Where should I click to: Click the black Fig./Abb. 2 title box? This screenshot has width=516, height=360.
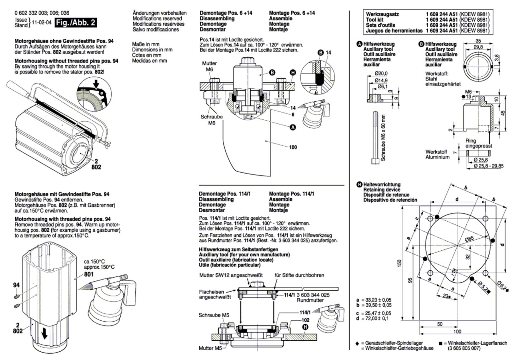(x=75, y=23)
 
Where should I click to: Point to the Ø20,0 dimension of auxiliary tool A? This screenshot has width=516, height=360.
(x=381, y=74)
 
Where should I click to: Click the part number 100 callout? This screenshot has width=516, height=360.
(x=293, y=147)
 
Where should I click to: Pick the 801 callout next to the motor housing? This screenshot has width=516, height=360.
(x=89, y=274)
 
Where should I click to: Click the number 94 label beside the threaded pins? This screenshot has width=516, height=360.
(x=16, y=285)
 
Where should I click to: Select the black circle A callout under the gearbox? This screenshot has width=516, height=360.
(x=293, y=127)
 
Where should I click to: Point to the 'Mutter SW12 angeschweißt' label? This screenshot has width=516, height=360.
(x=231, y=275)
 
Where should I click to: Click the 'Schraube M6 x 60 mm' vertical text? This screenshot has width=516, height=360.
(x=383, y=138)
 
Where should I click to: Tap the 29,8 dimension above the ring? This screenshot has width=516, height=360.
(x=478, y=47)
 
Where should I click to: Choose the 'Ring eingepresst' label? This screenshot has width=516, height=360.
(x=479, y=143)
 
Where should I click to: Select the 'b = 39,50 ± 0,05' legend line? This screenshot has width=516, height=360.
(x=374, y=305)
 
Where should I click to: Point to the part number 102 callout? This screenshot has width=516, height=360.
(x=305, y=320)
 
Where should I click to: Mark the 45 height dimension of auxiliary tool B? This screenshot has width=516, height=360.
(x=503, y=113)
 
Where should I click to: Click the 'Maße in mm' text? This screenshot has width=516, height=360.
(x=145, y=44)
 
